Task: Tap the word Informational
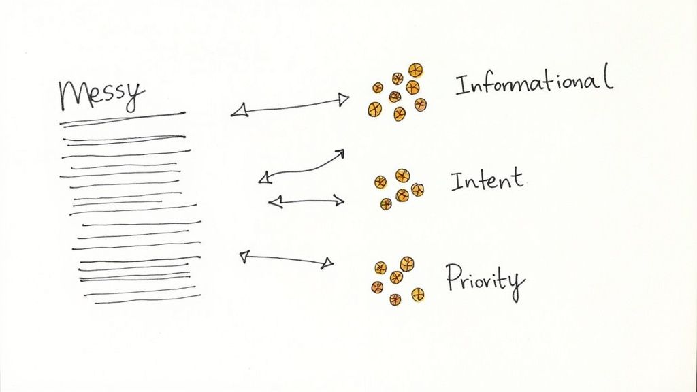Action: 534,84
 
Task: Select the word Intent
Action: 487,181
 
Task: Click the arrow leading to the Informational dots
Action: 289,106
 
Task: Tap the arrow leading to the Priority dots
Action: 286,259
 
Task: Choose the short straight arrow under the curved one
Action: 306,201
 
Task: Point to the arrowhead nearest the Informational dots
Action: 344,100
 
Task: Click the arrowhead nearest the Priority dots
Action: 328,263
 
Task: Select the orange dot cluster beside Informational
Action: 398,91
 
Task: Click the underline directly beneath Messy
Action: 123,118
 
